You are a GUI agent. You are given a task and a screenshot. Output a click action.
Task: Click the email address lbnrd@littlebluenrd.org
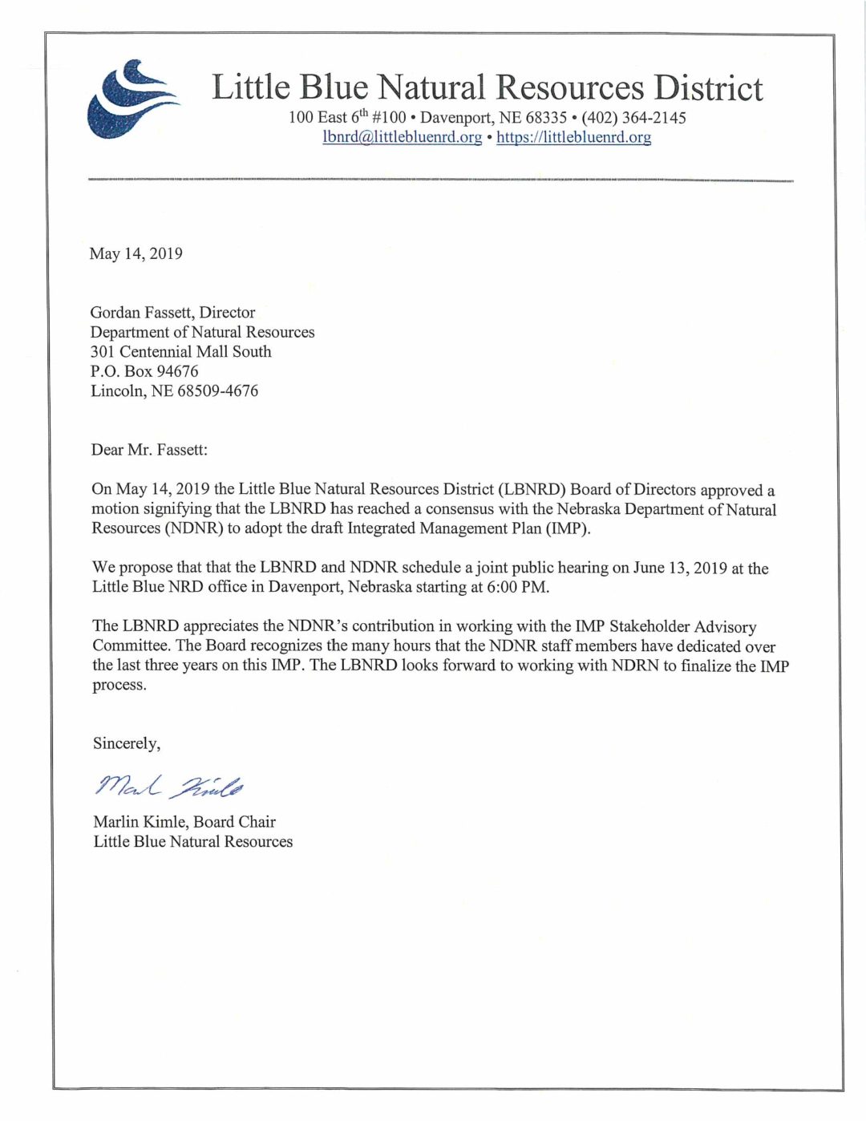point(403,137)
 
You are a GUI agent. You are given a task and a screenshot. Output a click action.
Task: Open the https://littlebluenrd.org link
point(573,137)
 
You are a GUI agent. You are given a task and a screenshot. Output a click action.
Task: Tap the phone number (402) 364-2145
point(633,118)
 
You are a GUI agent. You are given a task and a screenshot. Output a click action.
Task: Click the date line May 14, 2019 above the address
point(136,253)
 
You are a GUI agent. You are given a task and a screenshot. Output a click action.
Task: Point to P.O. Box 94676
point(144,371)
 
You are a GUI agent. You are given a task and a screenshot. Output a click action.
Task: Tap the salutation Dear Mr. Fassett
point(149,450)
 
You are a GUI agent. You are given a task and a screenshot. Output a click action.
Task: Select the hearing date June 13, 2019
point(680,569)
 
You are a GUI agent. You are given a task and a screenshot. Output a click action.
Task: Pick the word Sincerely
point(126,743)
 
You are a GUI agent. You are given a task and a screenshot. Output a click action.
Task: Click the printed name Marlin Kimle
point(139,822)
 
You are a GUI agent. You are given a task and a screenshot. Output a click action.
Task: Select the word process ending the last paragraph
point(119,686)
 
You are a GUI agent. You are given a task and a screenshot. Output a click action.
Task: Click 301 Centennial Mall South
point(180,352)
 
